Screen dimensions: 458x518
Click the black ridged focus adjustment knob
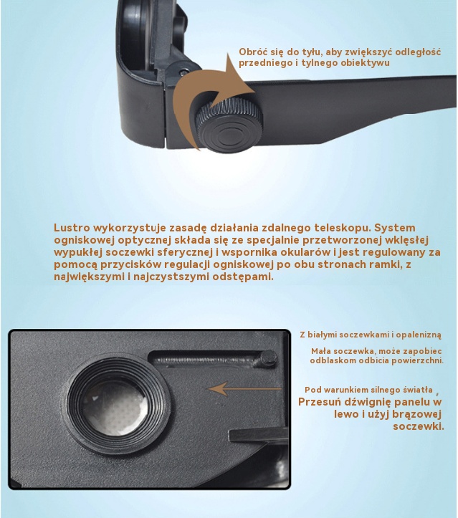(229, 125)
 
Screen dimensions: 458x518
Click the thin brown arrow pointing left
(244, 389)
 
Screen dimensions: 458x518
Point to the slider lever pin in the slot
(267, 358)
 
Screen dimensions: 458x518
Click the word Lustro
(72, 228)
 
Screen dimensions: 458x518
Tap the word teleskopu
(343, 228)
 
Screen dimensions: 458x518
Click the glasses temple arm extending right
(357, 96)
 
